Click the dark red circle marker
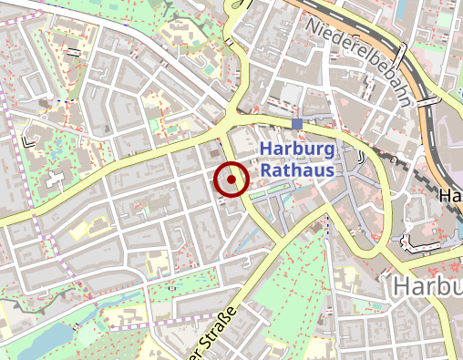click(x=231, y=180)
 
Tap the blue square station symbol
click(x=297, y=123)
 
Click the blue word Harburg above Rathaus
click(x=298, y=151)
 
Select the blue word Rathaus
click(x=298, y=170)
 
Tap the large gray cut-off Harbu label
click(x=427, y=287)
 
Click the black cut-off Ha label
click(x=450, y=196)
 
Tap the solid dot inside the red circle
click(x=231, y=180)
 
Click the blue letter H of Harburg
click(x=266, y=151)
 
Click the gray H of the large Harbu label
click(x=401, y=287)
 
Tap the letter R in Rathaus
click(x=266, y=170)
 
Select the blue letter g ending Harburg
click(x=330, y=153)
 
